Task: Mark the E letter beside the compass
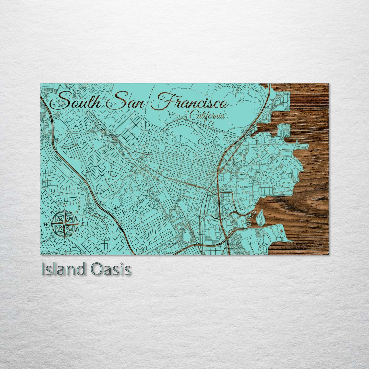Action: (82, 224)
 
